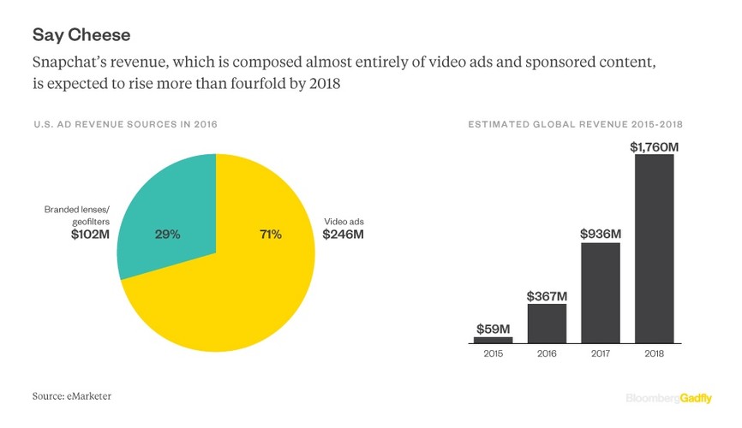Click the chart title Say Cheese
click(x=81, y=36)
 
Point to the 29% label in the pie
click(x=167, y=235)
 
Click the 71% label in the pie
click(x=270, y=235)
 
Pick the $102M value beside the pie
click(x=92, y=235)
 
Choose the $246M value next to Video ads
click(x=343, y=235)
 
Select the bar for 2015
click(x=494, y=339)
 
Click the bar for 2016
click(x=547, y=324)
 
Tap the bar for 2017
click(x=600, y=293)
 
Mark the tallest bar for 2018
click(x=654, y=248)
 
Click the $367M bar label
click(x=547, y=295)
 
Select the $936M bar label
click(x=600, y=234)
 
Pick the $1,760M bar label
click(x=654, y=146)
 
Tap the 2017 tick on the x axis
click(x=600, y=353)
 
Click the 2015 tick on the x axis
click(x=494, y=353)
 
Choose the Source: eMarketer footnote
click(x=72, y=395)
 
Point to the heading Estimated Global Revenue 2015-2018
click(x=580, y=125)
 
